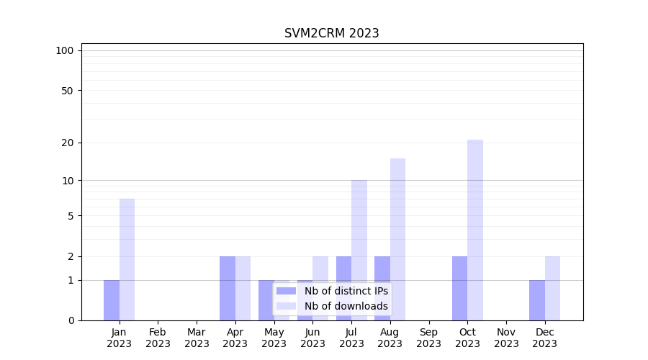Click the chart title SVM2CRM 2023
click(x=331, y=33)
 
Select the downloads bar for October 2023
click(x=475, y=230)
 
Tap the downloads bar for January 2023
click(x=127, y=259)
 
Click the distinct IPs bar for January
click(x=112, y=300)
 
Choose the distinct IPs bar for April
click(x=228, y=288)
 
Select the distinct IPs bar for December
click(x=537, y=300)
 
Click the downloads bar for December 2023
click(x=552, y=288)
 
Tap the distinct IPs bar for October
click(x=459, y=288)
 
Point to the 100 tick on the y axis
click(x=65, y=50)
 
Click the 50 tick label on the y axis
click(x=67, y=91)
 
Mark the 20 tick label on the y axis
click(x=67, y=143)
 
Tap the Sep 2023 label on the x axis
click(x=428, y=338)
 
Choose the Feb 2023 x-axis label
click(x=158, y=338)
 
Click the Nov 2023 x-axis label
click(x=506, y=338)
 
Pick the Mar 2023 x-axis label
click(x=197, y=338)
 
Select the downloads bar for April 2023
click(x=243, y=288)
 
